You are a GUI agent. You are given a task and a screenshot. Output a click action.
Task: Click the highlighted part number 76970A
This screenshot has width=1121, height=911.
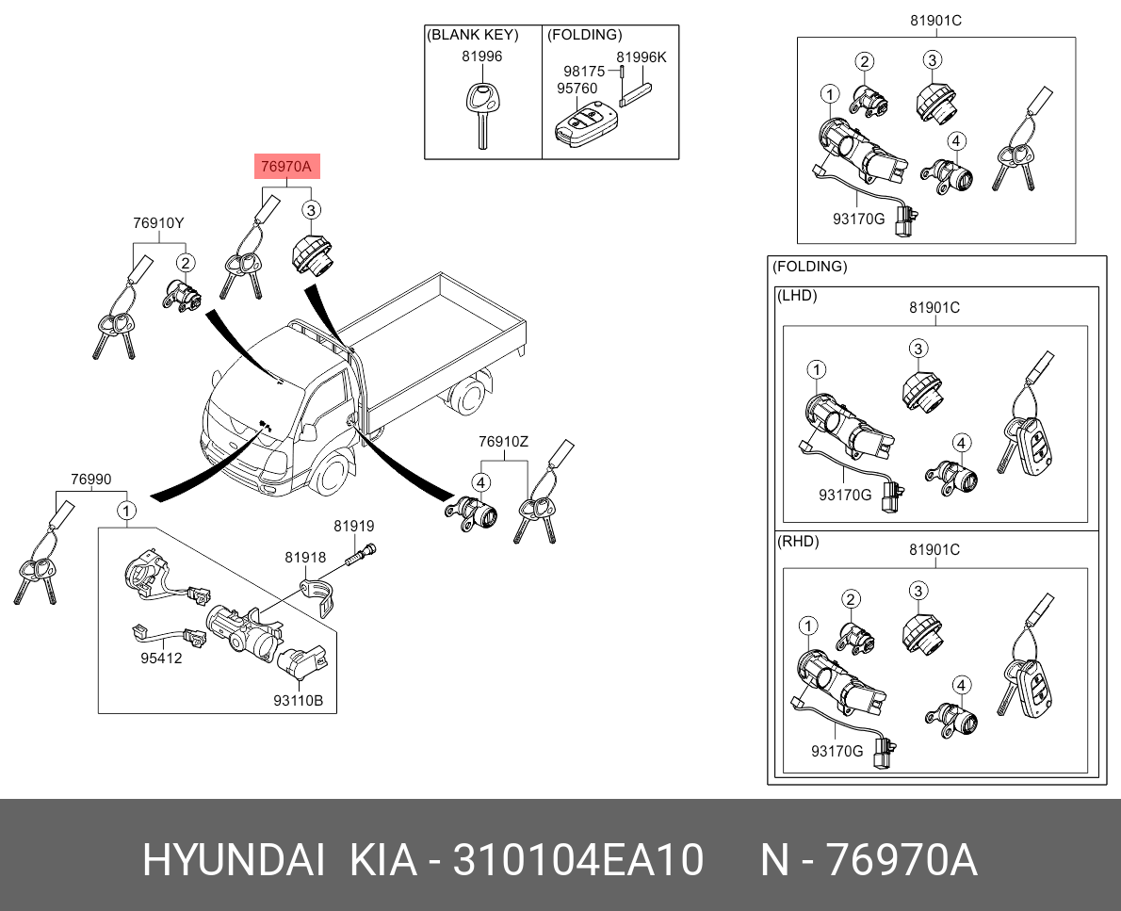click(x=286, y=167)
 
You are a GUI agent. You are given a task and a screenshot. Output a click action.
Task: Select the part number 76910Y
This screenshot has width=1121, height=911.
click(x=158, y=223)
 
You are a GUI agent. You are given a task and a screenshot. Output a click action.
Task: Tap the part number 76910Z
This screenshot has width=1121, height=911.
click(x=503, y=442)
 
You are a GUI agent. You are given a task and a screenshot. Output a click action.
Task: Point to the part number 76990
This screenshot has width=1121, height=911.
click(x=90, y=480)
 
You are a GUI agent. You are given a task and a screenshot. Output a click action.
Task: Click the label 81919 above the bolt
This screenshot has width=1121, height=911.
click(x=354, y=527)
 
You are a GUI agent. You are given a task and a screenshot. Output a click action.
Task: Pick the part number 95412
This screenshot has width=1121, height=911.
click(x=161, y=658)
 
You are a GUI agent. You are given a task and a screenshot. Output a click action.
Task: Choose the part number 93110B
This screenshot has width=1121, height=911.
click(x=298, y=701)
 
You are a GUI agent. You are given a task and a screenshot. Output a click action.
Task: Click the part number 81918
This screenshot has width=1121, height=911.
click(x=305, y=558)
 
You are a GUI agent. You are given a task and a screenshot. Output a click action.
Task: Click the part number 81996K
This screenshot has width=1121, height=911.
click(x=642, y=57)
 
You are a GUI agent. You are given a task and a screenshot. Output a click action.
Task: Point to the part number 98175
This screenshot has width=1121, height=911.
click(x=584, y=72)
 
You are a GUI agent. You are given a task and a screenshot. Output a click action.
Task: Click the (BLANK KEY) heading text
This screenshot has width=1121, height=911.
click(x=473, y=34)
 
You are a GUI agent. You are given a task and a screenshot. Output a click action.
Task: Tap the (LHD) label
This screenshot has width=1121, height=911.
click(x=796, y=295)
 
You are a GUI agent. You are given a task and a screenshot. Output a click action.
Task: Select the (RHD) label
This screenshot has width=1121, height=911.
click(x=798, y=542)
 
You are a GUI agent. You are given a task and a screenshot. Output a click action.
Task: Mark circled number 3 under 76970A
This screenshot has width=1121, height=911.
click(x=310, y=210)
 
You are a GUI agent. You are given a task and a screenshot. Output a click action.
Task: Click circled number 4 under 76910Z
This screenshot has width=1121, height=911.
click(x=481, y=482)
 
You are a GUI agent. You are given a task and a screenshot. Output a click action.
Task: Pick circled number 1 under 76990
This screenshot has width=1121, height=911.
click(x=126, y=511)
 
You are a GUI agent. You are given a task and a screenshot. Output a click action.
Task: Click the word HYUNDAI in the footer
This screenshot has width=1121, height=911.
click(x=234, y=859)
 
